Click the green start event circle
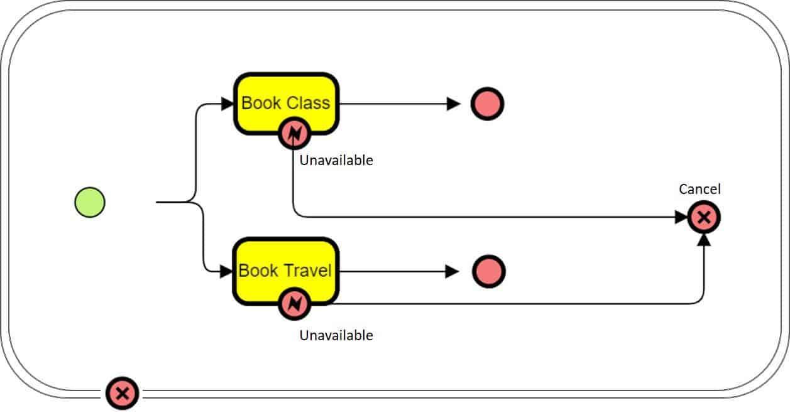point(90,203)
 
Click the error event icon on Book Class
point(294,132)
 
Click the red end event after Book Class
point(487,104)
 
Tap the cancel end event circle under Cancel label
point(704,218)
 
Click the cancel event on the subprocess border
point(123,394)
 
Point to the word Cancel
point(699,189)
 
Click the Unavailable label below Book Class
point(336,161)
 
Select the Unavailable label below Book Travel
point(336,335)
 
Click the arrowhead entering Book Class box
point(228,104)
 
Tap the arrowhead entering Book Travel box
point(226,272)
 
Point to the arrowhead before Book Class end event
point(453,104)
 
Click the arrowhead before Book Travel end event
point(452,271)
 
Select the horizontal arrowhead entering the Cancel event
point(681,218)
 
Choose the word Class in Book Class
point(308,103)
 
